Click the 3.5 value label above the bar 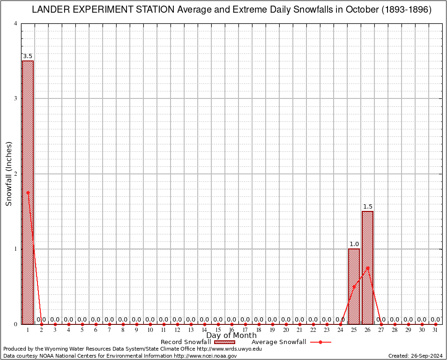(x=28, y=56)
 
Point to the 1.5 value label (x=368, y=207)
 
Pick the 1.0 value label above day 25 (x=354, y=244)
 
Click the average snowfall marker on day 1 (x=28, y=192)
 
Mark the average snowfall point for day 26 (x=368, y=268)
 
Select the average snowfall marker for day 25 (x=354, y=286)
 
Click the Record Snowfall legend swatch (x=225, y=342)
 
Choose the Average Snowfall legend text (x=278, y=342)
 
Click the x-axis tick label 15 (x=218, y=330)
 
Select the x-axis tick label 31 (x=435, y=330)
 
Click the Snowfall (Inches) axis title (x=8, y=173)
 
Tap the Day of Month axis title (x=231, y=336)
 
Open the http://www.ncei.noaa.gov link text (x=205, y=356)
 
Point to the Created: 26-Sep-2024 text (x=416, y=356)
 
